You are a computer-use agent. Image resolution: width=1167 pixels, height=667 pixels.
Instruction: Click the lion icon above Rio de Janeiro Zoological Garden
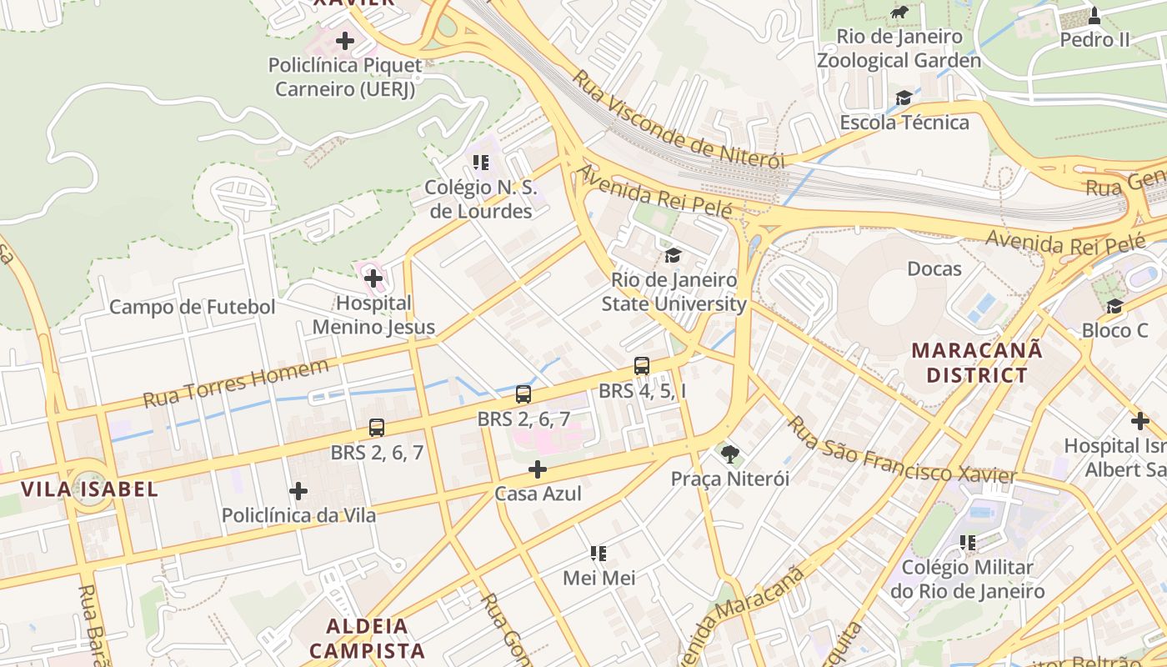tap(899, 13)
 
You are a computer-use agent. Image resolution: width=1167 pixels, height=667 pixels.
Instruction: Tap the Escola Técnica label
tap(904, 123)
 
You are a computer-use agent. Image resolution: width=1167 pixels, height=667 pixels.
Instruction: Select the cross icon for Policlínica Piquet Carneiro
tap(344, 40)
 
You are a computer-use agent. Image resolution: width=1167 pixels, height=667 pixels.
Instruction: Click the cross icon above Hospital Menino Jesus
tap(373, 278)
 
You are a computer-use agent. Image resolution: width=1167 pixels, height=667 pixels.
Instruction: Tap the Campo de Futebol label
tap(192, 307)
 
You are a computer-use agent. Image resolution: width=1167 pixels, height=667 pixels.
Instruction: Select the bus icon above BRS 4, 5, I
tap(641, 365)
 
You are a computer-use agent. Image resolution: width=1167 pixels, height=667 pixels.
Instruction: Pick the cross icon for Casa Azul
tap(538, 469)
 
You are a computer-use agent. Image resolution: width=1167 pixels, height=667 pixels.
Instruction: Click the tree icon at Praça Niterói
tap(730, 454)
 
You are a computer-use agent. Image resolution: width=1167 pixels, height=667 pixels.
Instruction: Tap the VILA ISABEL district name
tap(89, 489)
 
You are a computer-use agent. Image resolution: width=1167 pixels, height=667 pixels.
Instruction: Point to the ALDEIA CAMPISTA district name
tap(368, 638)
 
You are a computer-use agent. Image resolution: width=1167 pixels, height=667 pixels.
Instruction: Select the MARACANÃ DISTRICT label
tap(976, 363)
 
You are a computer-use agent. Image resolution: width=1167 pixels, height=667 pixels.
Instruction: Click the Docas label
tap(934, 269)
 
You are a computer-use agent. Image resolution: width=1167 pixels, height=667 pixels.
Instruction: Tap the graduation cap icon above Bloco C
tap(1114, 306)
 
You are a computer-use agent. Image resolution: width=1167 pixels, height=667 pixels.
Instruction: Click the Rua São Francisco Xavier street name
tap(901, 453)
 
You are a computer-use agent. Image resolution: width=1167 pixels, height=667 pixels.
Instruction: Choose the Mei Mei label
tap(599, 578)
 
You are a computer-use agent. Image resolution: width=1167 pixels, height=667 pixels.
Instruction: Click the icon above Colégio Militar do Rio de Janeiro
tap(967, 543)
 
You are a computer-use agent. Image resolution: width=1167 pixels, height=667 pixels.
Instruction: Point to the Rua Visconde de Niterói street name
tap(679, 119)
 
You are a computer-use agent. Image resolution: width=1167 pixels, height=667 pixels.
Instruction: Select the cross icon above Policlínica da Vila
tap(298, 491)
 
